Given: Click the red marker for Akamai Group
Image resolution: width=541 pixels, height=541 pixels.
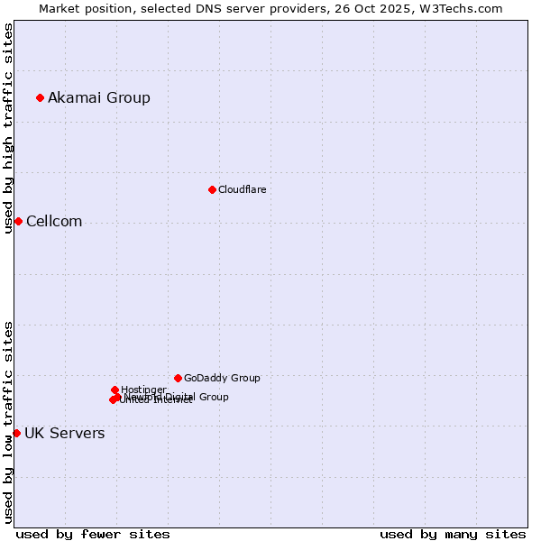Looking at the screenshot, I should coord(40,97).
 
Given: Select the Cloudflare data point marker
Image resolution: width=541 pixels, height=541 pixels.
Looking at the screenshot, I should coord(212,189).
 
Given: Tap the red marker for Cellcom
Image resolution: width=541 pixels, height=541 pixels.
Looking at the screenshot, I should coord(18,221).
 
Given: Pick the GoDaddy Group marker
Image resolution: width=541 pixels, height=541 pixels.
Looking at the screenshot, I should coord(178,378).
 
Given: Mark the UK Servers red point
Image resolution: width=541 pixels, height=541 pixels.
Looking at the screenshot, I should coord(16,433).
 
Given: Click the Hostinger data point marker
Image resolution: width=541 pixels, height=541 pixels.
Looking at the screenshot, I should coord(115,390).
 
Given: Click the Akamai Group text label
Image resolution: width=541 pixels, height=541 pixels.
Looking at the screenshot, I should coord(99,97).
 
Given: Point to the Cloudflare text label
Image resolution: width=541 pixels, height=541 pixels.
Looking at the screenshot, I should coord(242,189).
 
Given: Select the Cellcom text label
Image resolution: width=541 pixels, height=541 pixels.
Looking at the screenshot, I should coord(54,222).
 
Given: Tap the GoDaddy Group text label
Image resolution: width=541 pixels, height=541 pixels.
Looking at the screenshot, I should coord(222,378).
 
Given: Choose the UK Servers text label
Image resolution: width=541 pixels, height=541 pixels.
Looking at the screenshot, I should coord(64,434).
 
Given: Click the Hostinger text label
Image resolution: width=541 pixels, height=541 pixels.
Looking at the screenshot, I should coord(143,390).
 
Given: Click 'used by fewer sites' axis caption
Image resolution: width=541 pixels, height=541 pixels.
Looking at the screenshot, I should coord(93,534).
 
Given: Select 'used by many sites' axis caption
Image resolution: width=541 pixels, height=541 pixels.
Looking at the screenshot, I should coord(453,534).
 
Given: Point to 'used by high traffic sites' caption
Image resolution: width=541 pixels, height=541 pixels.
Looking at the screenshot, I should coord(8,128).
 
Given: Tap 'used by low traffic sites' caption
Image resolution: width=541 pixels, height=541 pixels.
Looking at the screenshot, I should coord(8,422).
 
